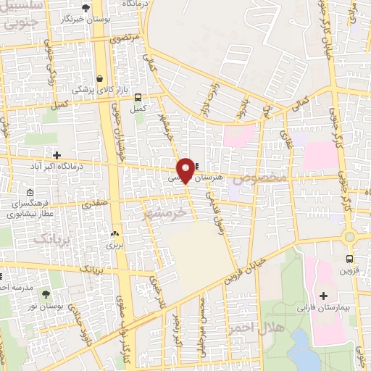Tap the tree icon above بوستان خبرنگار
click(86, 8)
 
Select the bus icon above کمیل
click(138, 98)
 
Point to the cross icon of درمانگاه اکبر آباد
click(57, 154)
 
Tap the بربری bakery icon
click(114, 234)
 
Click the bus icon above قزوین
click(349, 259)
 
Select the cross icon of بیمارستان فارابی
click(323, 296)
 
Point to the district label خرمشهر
click(165, 215)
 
